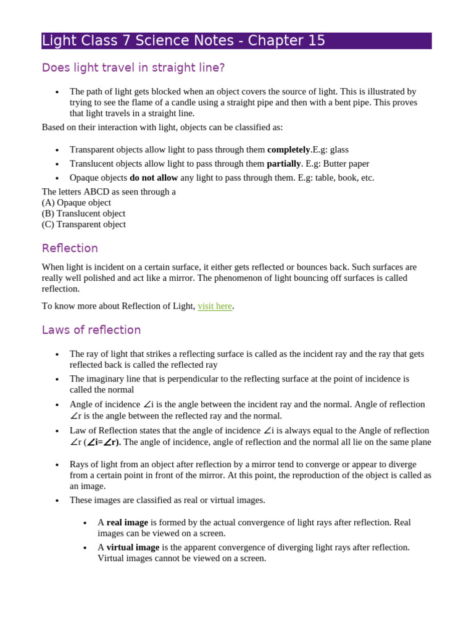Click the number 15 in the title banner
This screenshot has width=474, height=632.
tap(313, 41)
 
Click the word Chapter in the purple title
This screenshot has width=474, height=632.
tap(273, 41)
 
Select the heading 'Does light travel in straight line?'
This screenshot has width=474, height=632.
tap(133, 68)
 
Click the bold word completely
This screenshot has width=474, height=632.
tap(288, 149)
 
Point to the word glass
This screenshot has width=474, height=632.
tap(339, 149)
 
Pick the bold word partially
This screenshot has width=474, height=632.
tap(283, 164)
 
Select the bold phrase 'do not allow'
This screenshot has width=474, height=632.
tap(154, 178)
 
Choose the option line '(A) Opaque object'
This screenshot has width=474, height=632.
tap(77, 202)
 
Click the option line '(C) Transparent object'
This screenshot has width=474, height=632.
tap(84, 225)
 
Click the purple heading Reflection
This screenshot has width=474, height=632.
tap(70, 248)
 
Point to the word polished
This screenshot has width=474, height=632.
tap(105, 278)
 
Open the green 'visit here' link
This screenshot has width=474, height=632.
tap(215, 306)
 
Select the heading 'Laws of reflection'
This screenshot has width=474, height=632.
tap(91, 330)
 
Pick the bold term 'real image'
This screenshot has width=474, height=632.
tap(127, 522)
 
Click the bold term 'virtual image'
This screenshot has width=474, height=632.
tap(133, 547)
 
